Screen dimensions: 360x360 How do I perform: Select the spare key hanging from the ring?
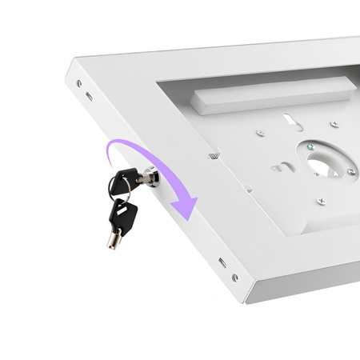(x=122, y=216)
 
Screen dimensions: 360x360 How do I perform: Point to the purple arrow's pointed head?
(x=187, y=211)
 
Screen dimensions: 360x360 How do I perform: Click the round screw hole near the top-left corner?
(x=78, y=83)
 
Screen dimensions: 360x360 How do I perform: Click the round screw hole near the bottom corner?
(x=234, y=278)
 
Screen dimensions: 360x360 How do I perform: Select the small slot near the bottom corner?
(x=222, y=262)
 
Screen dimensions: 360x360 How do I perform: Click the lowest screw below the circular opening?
(x=321, y=201)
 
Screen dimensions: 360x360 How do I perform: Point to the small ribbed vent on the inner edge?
(x=214, y=155)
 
